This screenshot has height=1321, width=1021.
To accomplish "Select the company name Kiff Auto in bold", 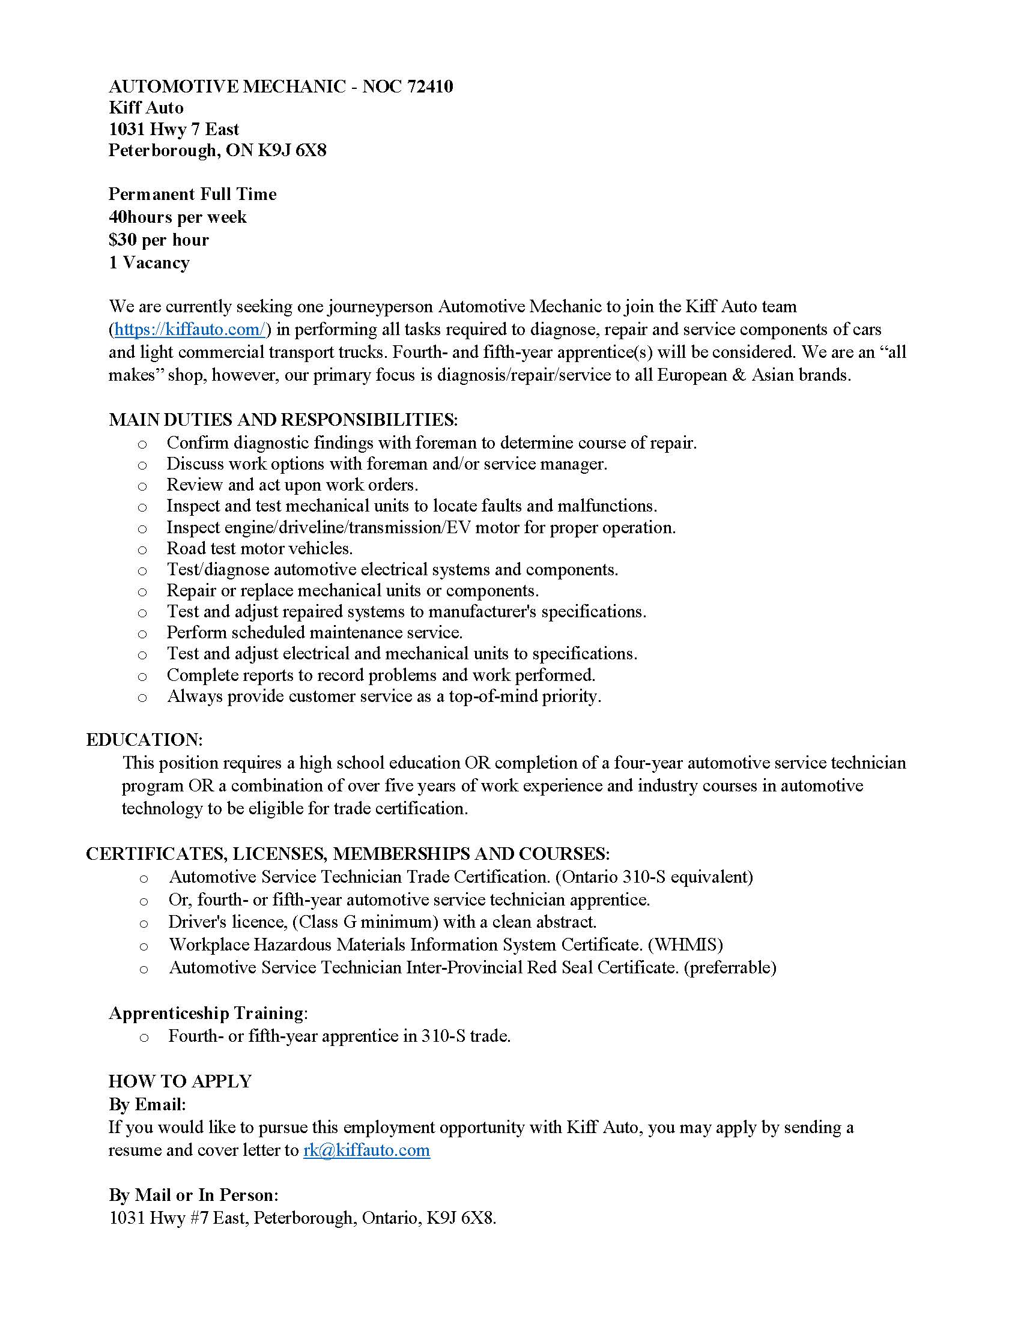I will [x=146, y=107].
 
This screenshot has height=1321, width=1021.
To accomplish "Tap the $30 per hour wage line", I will [x=159, y=240].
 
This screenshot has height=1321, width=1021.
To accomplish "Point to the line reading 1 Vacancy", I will [x=149, y=262].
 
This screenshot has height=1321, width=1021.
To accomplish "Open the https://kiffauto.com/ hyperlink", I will [x=189, y=330].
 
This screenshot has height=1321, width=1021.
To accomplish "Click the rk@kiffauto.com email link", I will [x=366, y=1150].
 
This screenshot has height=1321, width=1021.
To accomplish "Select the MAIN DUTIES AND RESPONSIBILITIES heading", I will [x=283, y=420].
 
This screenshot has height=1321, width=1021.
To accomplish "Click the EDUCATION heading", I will [x=144, y=740].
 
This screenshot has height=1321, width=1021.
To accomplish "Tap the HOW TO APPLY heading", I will [x=180, y=1081].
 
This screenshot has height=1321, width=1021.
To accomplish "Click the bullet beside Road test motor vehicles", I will [x=142, y=550].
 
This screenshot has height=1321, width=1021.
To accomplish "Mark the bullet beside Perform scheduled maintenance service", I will [x=142, y=634].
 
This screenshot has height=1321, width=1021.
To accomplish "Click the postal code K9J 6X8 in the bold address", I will [x=292, y=150].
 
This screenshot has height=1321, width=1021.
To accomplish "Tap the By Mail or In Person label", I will [x=193, y=1195].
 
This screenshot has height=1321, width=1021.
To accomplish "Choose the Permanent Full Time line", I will [x=192, y=194].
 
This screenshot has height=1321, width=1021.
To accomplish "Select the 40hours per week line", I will [x=177, y=217].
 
